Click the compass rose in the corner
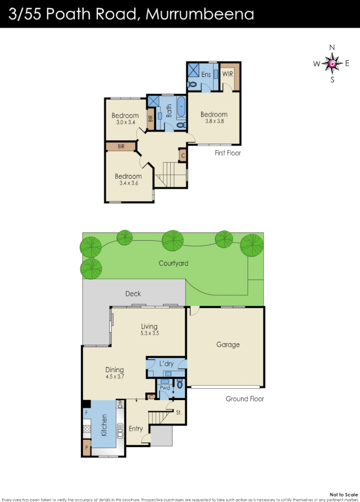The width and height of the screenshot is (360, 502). pyautogui.click(x=333, y=63)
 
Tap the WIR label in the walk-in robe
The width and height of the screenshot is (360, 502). pyautogui.click(x=228, y=74)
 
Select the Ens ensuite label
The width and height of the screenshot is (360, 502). pyautogui.click(x=206, y=74)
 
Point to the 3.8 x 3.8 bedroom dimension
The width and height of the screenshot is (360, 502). pyautogui.click(x=214, y=121)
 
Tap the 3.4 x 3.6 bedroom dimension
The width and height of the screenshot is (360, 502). pyautogui.click(x=128, y=183)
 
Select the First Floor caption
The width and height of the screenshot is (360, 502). pyautogui.click(x=228, y=153)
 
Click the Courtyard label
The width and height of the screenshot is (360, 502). pyautogui.click(x=173, y=263)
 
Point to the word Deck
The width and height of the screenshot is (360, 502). pyautogui.click(x=133, y=294)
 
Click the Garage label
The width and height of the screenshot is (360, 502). pyautogui.click(x=228, y=345)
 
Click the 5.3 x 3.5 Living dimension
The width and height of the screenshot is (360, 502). pyautogui.click(x=149, y=333)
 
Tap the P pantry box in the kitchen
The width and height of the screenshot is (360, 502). pyautogui.click(x=86, y=448)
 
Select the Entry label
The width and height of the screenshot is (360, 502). pyautogui.click(x=136, y=429)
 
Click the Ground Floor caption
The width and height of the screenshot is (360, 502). pyautogui.click(x=244, y=399)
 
